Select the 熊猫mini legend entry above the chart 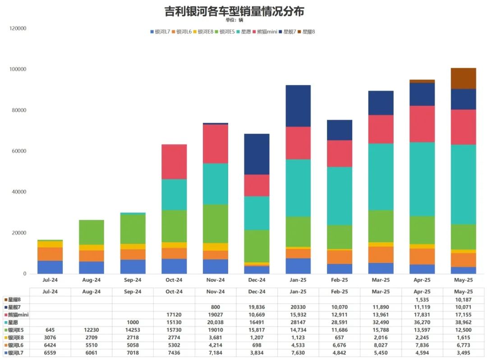(266, 32)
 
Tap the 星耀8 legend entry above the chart (308, 32)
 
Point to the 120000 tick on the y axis (18, 28)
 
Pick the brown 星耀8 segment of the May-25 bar (463, 78)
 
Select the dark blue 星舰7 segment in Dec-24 (257, 154)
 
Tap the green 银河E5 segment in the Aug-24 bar (92, 232)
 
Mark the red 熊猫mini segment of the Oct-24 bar (174, 162)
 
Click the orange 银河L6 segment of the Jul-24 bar (50, 254)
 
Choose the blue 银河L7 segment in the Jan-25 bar (298, 266)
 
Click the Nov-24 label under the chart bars (216, 280)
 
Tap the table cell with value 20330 (298, 307)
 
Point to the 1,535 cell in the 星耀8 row (422, 299)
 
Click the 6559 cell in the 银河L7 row (50, 352)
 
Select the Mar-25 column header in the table (381, 291)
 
